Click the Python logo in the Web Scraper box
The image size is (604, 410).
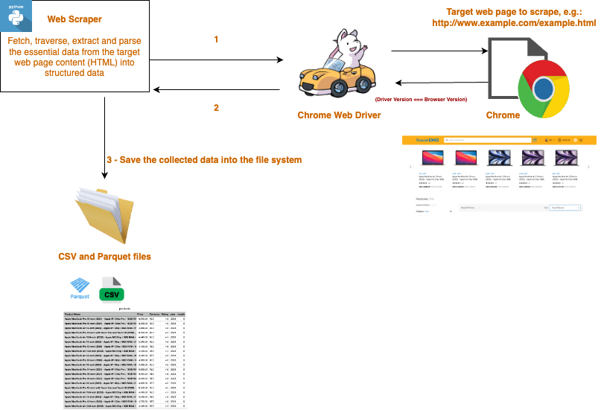click(x=16, y=16)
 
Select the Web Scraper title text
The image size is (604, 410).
click(x=74, y=18)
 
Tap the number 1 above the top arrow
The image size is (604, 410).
click(x=216, y=39)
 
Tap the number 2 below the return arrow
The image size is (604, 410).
click(x=216, y=107)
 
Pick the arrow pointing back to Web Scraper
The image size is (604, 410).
click(x=216, y=89)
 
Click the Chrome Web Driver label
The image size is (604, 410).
click(x=339, y=115)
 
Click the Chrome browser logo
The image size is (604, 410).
click(x=543, y=89)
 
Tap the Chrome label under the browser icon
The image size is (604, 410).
click(x=503, y=115)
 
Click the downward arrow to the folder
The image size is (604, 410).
click(x=107, y=134)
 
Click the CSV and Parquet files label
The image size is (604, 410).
click(x=104, y=257)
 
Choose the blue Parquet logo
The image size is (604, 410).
click(x=80, y=286)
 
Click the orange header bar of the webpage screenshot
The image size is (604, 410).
click(x=498, y=140)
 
